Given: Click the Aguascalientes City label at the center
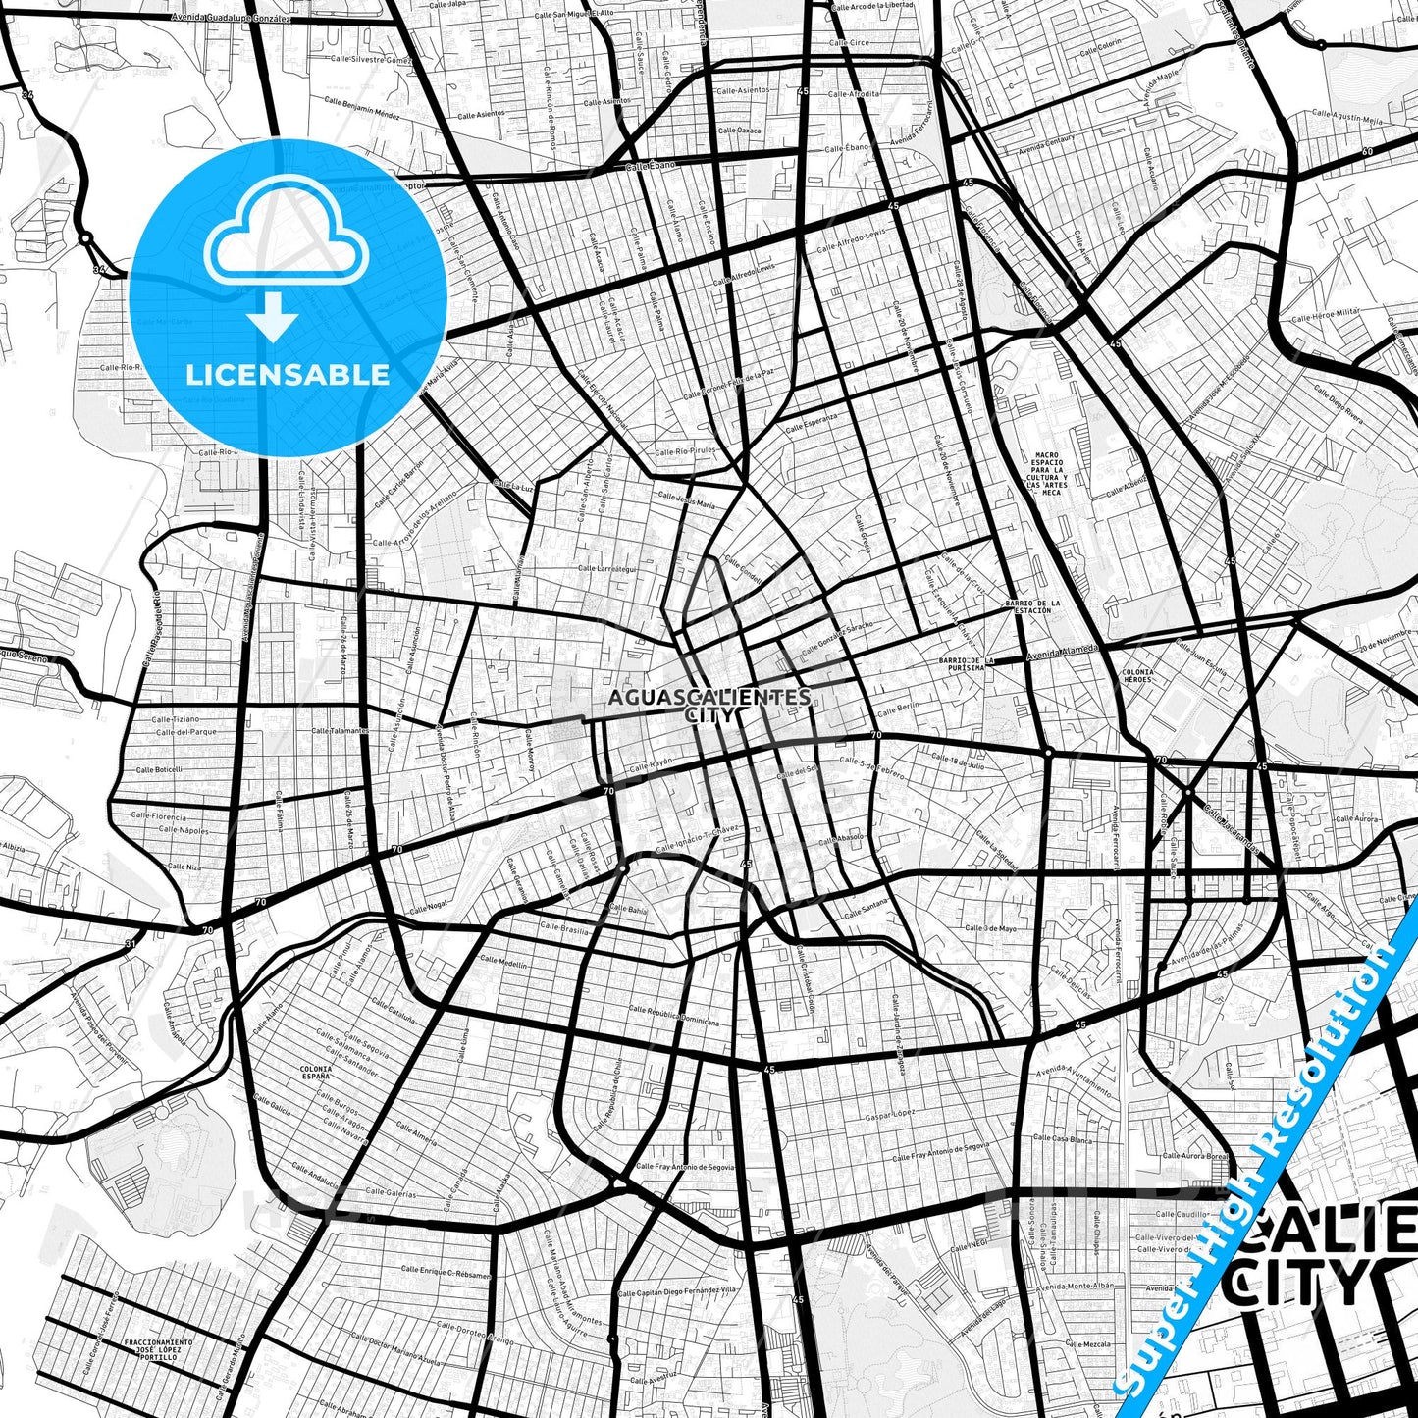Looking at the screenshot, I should [709, 705].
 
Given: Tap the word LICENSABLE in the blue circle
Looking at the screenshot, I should [288, 374].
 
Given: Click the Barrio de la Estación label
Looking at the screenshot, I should [1031, 606].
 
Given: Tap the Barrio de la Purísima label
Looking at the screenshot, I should [967, 663].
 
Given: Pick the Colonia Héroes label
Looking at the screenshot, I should [1137, 676].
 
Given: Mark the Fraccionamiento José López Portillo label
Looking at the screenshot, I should [159, 1348].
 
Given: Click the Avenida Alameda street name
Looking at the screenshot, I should [1062, 652].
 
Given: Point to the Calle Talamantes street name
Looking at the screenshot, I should [340, 730].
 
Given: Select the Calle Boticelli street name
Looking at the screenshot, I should [159, 769].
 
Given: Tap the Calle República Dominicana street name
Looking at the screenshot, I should [673, 1015].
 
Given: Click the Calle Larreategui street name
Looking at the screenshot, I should [606, 568].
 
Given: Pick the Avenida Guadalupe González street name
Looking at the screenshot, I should [231, 18].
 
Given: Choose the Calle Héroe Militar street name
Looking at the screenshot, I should [1326, 315].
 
